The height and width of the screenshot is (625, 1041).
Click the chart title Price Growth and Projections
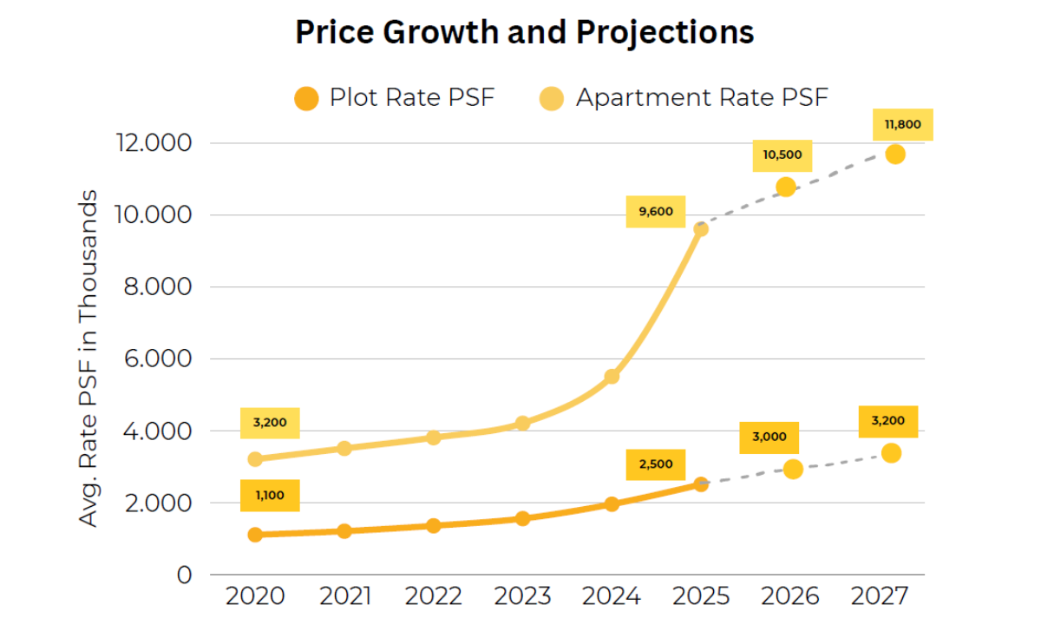(x=524, y=33)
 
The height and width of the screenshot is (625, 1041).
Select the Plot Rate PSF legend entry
(x=395, y=97)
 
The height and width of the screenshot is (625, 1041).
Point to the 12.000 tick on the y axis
(x=153, y=143)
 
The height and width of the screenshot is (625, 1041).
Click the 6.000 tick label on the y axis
(x=153, y=359)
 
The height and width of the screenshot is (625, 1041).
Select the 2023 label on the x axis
(x=523, y=597)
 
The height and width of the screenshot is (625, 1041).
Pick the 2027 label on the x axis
(x=879, y=597)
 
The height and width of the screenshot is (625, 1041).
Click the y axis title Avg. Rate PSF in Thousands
(x=89, y=358)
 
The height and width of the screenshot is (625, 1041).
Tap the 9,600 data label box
(x=656, y=212)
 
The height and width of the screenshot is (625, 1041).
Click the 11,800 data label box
(x=902, y=125)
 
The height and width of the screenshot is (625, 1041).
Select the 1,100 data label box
(x=270, y=496)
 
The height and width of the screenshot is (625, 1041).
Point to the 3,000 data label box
(x=769, y=437)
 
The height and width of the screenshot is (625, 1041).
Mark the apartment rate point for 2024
(x=612, y=376)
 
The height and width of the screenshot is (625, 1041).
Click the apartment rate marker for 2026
(x=786, y=187)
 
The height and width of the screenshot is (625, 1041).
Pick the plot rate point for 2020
(x=255, y=535)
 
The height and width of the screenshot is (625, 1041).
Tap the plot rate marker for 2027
(x=891, y=453)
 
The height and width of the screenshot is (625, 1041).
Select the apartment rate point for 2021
(x=344, y=448)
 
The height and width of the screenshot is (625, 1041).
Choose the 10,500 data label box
(x=782, y=156)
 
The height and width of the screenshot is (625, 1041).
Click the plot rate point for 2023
(x=522, y=518)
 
